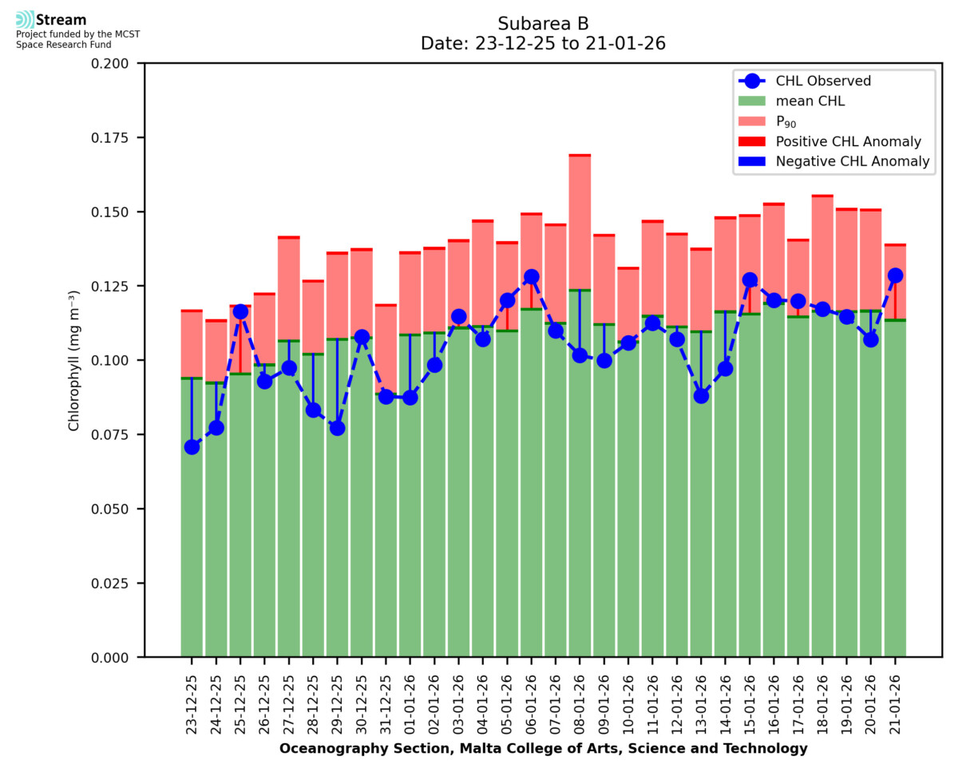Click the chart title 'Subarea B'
pos(543,23)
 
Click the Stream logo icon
pos(25,20)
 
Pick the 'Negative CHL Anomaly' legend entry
pos(853,162)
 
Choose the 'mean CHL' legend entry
pos(811,101)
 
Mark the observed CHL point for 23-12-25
pos(192,447)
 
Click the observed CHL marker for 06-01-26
pos(531,277)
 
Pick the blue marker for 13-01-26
pos(701,396)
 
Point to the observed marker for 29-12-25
pos(337,428)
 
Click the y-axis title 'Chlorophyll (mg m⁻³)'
pos(73,360)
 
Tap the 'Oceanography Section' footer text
pos(543,749)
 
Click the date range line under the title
pos(543,44)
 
